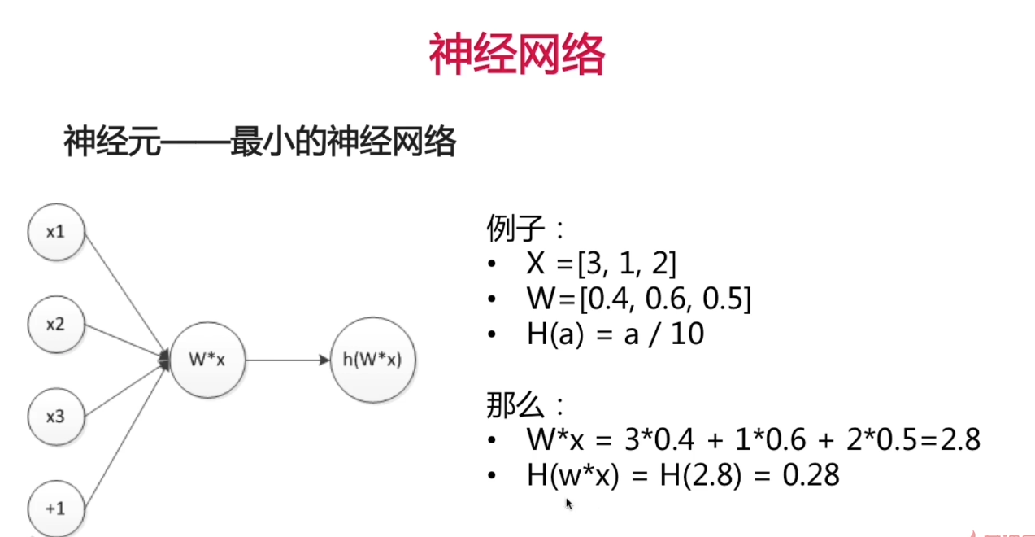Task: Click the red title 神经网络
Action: tap(517, 55)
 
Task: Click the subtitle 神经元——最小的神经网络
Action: tap(260, 143)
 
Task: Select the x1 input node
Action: tap(55, 232)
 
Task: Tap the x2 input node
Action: tap(55, 325)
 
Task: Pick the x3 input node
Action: tap(55, 417)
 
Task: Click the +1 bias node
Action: tap(55, 509)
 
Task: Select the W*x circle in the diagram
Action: tap(206, 360)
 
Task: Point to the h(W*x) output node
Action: tap(373, 360)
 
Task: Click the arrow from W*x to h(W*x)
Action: tap(287, 360)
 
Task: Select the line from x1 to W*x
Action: tap(122, 293)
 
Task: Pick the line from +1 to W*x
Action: tap(122, 439)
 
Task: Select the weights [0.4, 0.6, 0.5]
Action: tap(664, 300)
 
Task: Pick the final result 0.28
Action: tap(811, 475)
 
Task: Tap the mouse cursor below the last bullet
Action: tap(569, 504)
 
